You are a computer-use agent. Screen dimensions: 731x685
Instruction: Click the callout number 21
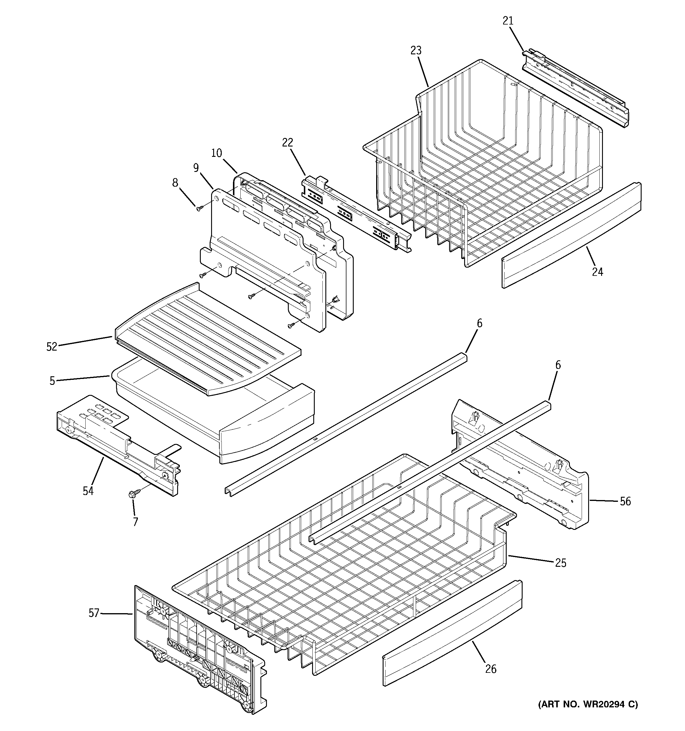tap(508, 21)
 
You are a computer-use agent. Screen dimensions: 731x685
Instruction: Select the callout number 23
tap(416, 51)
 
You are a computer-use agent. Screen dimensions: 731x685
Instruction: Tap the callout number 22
tap(288, 143)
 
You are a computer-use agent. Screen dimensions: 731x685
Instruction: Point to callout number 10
tap(216, 153)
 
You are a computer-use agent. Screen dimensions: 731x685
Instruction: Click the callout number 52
tap(52, 346)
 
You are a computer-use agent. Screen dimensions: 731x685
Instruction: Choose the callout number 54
tap(88, 491)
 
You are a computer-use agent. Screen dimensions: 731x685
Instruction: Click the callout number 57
tap(94, 613)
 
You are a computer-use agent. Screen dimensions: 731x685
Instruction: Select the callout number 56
tap(625, 501)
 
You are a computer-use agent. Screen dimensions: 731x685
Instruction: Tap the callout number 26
tap(491, 669)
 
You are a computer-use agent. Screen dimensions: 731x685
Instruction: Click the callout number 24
tap(597, 272)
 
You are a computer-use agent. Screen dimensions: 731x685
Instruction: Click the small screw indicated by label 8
tap(199, 209)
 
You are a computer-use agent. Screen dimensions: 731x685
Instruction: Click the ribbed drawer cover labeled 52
tap(206, 338)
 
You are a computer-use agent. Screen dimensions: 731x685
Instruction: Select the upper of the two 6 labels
tap(479, 324)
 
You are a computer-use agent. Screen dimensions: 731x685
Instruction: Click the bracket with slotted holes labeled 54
tap(118, 441)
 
